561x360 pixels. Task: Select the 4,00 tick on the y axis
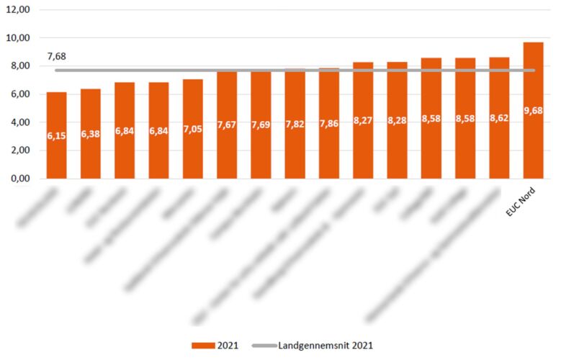(19, 122)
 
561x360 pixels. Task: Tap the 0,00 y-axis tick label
(19, 179)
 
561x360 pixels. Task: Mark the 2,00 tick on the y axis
(19, 150)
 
